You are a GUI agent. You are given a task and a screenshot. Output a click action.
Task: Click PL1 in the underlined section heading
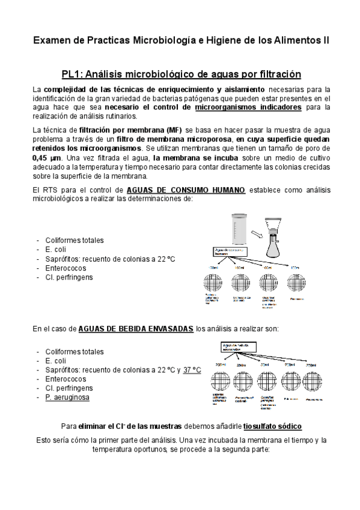coord(73,75)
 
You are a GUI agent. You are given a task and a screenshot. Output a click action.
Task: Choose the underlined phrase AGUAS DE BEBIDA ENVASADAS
coord(136,329)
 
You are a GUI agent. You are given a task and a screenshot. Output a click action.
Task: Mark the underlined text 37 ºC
coord(192,370)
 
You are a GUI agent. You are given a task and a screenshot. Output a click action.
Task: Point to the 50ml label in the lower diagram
coord(264,365)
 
